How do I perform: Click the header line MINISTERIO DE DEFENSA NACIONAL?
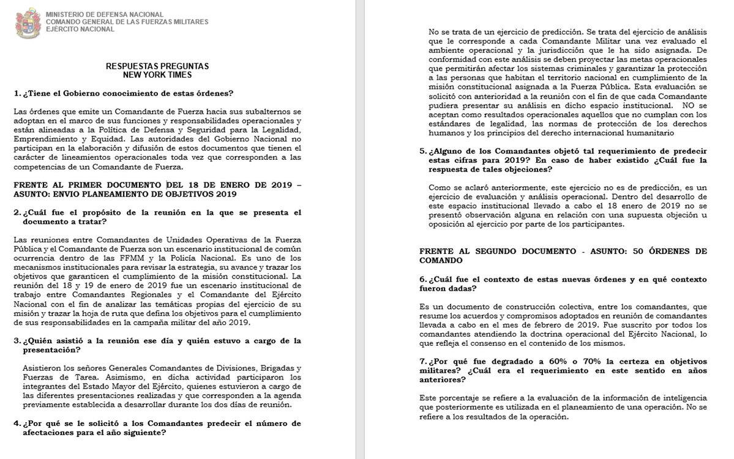pyautogui.click(x=105, y=14)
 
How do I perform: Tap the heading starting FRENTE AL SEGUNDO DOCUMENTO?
pyautogui.click(x=563, y=252)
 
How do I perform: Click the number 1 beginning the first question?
pyautogui.click(x=16, y=93)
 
